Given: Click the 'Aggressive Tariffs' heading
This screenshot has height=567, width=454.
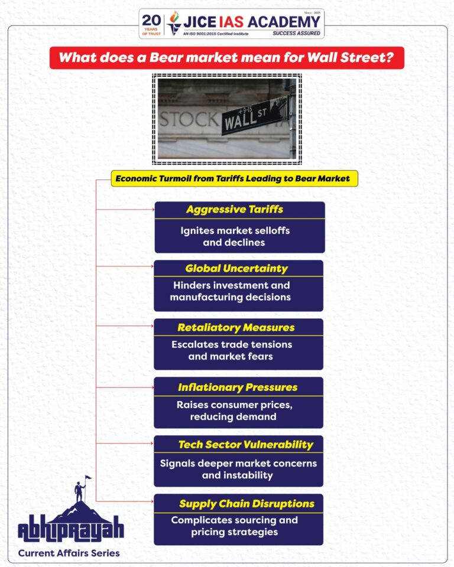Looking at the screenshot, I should pyautogui.click(x=234, y=210).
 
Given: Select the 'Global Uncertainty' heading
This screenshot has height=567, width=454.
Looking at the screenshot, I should pyautogui.click(x=236, y=269).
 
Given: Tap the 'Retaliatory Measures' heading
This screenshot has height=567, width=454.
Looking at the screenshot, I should pyautogui.click(x=236, y=327).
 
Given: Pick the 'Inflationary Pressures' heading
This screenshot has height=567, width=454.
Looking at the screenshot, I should pyautogui.click(x=237, y=387).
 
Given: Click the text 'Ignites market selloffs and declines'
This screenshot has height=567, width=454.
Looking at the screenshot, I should pyautogui.click(x=235, y=236).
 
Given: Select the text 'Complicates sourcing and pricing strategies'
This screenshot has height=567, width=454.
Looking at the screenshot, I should pyautogui.click(x=234, y=526).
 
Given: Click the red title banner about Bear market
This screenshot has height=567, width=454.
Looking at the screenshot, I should pyautogui.click(x=226, y=58).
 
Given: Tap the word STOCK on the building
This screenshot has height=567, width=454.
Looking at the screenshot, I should pyautogui.click(x=188, y=119).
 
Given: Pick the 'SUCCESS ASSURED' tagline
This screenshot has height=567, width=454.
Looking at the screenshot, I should pyautogui.click(x=297, y=34).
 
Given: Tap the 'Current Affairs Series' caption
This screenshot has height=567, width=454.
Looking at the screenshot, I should pyautogui.click(x=69, y=553).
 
